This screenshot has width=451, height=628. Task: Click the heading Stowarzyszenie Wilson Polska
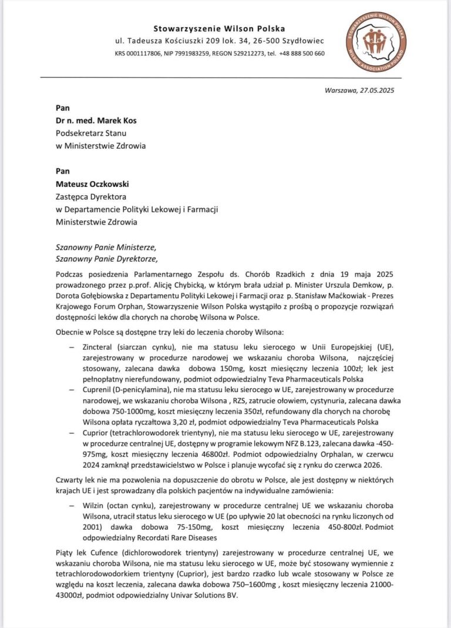click(x=219, y=28)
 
